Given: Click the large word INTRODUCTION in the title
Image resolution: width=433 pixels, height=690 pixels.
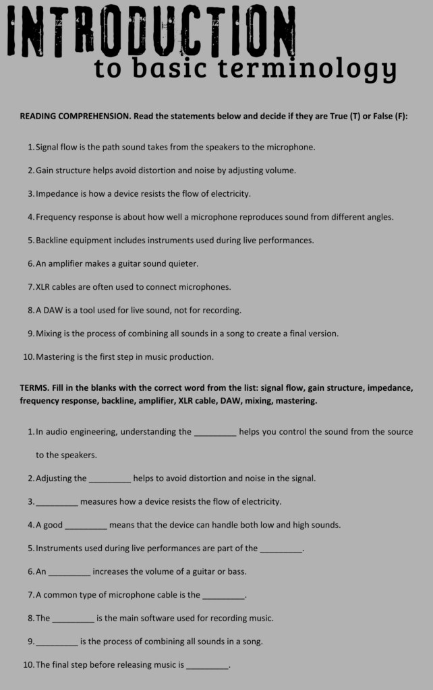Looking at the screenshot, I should tap(152, 30).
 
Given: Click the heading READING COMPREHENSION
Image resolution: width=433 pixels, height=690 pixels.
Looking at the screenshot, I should tap(75, 116).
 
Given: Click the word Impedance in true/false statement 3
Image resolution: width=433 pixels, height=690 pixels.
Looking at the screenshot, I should tap(57, 193).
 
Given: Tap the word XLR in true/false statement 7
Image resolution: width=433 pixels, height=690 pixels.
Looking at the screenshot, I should tap(43, 286).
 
